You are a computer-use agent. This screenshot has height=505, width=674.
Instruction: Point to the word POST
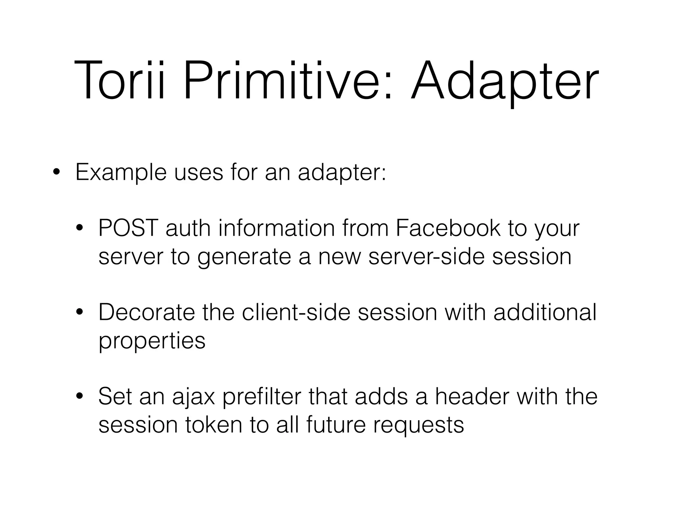(128, 228)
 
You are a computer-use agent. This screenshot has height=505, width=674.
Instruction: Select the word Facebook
(448, 228)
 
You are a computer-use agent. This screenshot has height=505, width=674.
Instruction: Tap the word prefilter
(262, 397)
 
